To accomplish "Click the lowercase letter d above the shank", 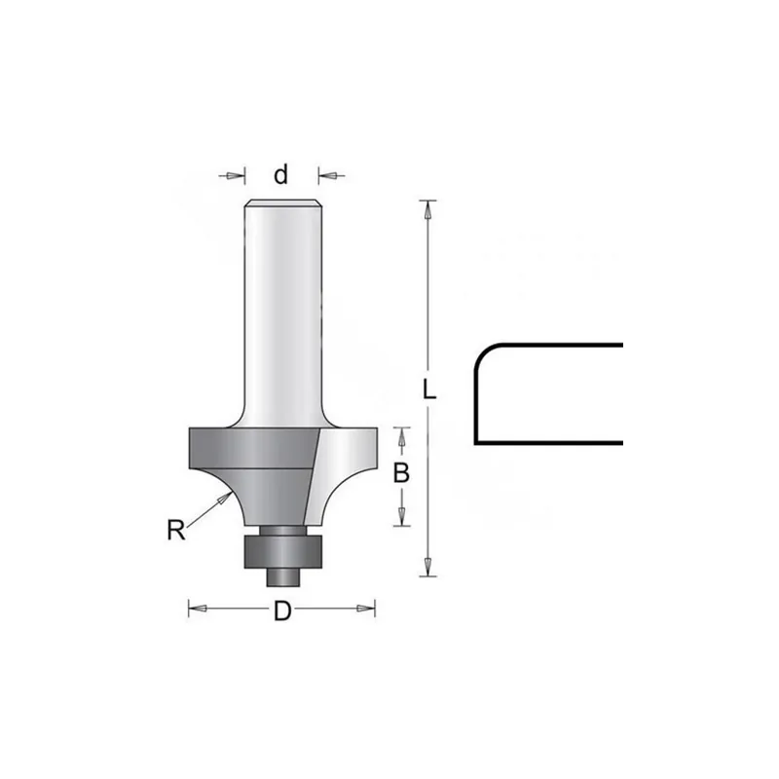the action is coord(280,175).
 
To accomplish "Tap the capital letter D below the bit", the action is coord(282,611).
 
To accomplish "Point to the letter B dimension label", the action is coord(401,473).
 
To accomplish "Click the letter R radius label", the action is coord(176,530).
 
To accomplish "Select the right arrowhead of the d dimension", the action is coord(328,175).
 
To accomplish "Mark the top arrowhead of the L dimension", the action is coord(427,209).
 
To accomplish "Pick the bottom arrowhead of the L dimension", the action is coord(427,567).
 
